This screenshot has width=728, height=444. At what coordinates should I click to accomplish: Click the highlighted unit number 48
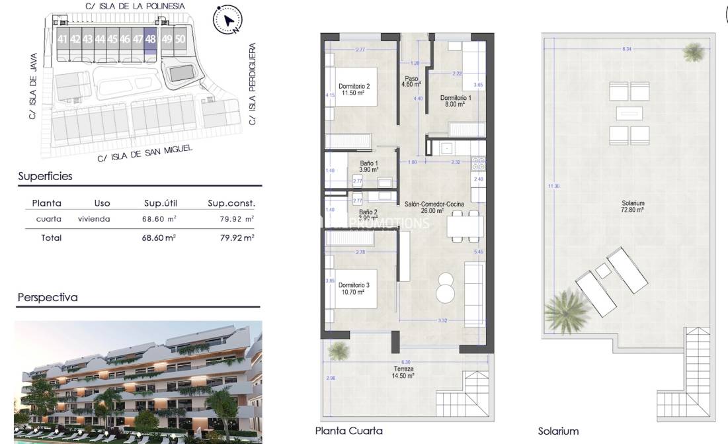coord(151,39)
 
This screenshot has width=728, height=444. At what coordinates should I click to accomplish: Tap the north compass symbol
coord(227,20)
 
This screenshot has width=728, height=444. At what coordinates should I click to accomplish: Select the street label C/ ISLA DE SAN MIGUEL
coord(145,153)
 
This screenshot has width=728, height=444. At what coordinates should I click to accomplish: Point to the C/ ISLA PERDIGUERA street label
coord(252,84)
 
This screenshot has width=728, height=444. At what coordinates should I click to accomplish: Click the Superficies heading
coord(45,176)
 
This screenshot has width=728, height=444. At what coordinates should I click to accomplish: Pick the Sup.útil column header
coord(161,203)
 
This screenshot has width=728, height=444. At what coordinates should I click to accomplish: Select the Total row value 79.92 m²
coord(237,238)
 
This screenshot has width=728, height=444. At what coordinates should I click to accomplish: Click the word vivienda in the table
coord(94,219)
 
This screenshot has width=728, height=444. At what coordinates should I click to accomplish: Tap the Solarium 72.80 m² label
coord(633,206)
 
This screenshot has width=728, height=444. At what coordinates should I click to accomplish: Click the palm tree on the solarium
coord(567,310)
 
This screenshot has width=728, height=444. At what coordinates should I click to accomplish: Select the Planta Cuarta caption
coord(349,431)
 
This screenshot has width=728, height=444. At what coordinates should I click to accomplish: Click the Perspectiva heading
coord(48,297)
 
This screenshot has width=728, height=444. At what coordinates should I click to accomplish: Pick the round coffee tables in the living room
coord(445,291)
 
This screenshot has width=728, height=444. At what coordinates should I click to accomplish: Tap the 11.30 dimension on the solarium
coord(553,186)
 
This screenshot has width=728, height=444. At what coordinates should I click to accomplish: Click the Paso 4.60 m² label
coord(413,81)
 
